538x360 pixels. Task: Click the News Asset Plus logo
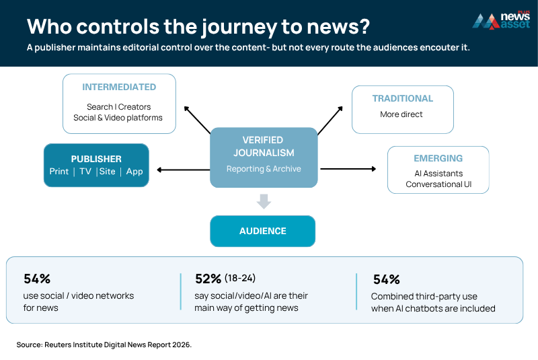click(x=501, y=21)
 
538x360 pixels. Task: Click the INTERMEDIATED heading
click(x=119, y=87)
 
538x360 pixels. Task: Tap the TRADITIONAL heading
click(x=403, y=98)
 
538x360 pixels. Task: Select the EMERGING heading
click(x=438, y=158)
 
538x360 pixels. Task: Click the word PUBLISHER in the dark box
click(x=96, y=159)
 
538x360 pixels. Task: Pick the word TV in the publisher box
click(x=85, y=171)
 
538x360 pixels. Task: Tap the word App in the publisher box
click(x=134, y=172)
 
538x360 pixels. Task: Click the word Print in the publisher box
click(x=59, y=171)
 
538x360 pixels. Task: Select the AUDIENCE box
click(x=262, y=231)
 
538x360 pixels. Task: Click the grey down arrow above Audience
click(x=264, y=201)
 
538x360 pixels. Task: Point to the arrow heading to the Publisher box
click(x=183, y=170)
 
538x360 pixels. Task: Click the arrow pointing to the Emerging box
click(x=348, y=169)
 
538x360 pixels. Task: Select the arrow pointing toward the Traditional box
click(x=330, y=120)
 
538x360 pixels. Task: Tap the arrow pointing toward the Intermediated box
click(x=197, y=120)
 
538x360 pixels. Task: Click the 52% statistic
click(x=208, y=279)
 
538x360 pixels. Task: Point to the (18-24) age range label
click(x=240, y=278)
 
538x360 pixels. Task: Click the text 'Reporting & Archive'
click(x=264, y=169)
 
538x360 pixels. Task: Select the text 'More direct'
click(x=401, y=114)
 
